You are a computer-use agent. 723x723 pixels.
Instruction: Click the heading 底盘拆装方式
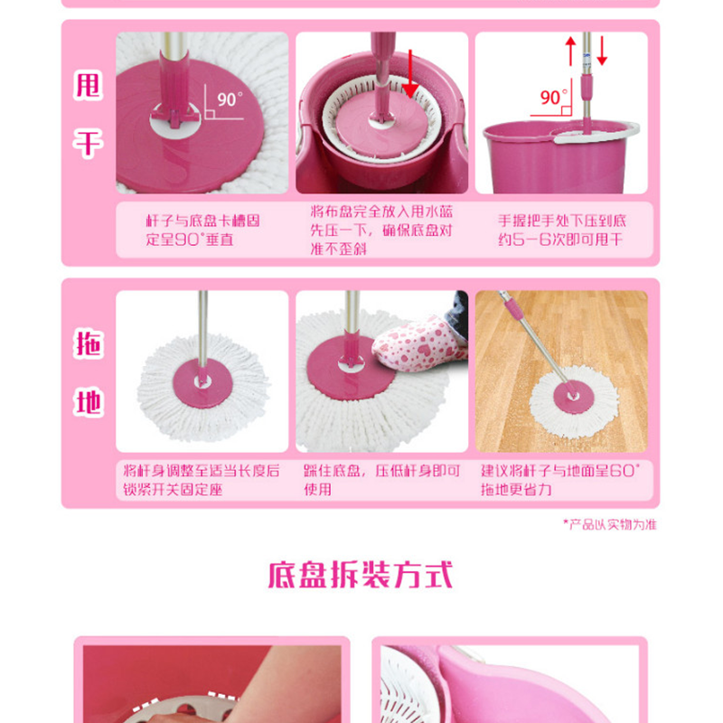point(360,575)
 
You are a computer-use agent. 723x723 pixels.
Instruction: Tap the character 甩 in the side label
point(88,86)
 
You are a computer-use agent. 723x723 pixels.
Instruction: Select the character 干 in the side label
point(88,144)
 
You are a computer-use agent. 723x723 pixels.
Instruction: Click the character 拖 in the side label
point(88,344)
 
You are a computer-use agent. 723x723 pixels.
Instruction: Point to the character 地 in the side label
point(88,402)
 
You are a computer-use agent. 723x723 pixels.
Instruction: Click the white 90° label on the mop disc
point(230,99)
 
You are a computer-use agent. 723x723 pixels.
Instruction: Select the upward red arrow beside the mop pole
point(571,52)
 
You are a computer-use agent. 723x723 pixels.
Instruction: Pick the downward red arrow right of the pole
point(602,52)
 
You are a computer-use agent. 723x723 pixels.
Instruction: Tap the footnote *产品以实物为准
point(609,524)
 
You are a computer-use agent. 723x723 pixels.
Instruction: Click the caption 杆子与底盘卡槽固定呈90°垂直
point(202,230)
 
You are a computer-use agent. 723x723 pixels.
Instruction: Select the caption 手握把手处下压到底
point(562,221)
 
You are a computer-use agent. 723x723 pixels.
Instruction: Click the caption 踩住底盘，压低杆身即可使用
point(381,480)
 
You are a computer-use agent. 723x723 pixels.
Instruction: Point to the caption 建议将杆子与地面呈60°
point(560,470)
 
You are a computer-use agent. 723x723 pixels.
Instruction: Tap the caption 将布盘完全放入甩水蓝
point(381,211)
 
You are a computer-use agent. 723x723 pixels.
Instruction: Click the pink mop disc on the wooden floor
point(574,398)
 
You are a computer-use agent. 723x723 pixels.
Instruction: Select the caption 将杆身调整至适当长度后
point(202,470)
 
